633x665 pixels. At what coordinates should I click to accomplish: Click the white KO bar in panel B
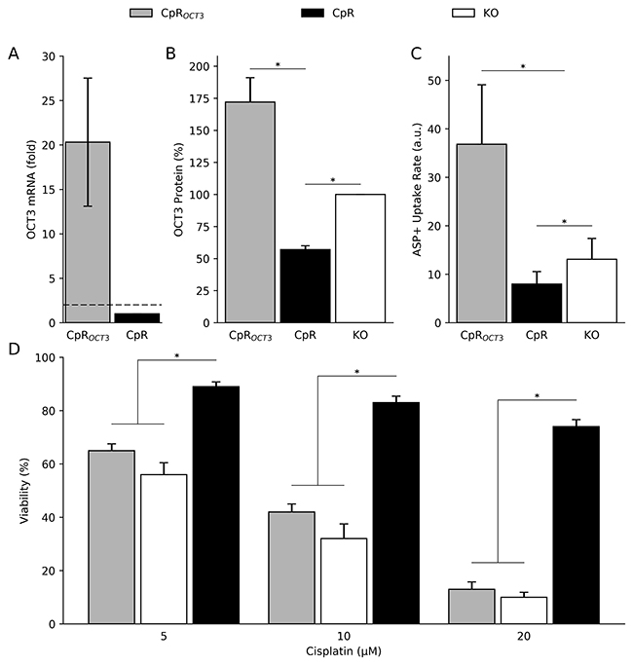359,258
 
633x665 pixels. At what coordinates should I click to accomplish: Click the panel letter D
14,348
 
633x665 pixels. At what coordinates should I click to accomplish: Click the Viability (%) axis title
24,490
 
